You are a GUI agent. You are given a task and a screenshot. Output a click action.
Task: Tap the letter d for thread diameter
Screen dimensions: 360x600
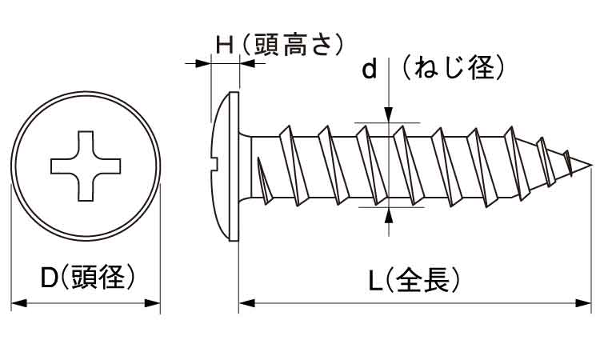(369, 71)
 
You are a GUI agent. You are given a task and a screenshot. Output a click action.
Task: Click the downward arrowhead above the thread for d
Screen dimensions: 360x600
(389, 116)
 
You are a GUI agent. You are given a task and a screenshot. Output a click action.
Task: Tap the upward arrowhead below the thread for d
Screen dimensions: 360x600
(389, 214)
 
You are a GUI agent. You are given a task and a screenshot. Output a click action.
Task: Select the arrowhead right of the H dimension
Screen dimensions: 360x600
(246, 63)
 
